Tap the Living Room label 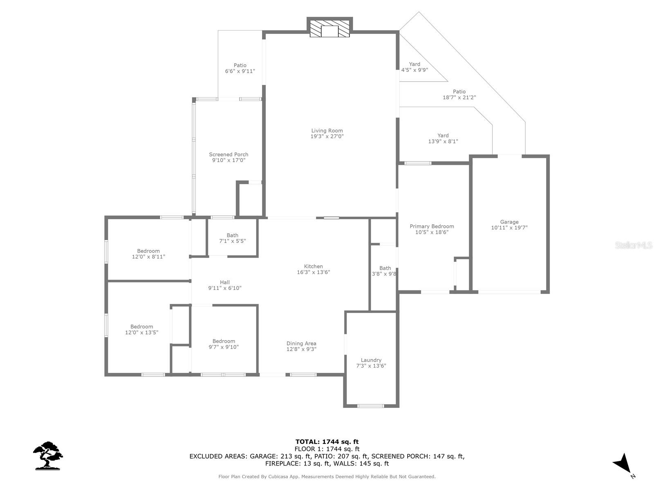point(327,131)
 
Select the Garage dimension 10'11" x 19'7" point(509,228)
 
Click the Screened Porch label point(228,154)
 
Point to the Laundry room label point(371,360)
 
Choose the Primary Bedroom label point(432,226)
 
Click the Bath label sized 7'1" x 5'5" point(232,235)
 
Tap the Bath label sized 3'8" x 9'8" point(385,268)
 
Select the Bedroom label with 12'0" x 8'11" point(148,251)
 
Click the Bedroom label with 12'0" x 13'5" point(142,327)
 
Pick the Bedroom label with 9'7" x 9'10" point(224,341)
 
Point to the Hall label point(225,282)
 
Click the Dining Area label point(301,343)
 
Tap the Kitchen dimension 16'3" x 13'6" point(314,272)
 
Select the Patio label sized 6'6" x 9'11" point(240,65)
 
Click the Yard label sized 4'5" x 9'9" point(414,64)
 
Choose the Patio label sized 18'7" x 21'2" point(459,92)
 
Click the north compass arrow point(623,464)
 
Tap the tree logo point(48,455)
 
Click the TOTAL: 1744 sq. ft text point(327,441)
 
